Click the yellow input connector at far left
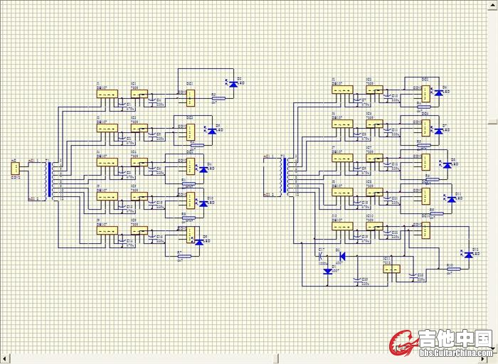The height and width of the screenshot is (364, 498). pos(14,168)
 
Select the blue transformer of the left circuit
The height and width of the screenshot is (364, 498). pos(49,181)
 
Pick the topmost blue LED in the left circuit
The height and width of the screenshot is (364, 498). pos(233,85)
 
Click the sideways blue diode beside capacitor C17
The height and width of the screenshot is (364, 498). pos(342,256)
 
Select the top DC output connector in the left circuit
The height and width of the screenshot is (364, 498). pos(191,95)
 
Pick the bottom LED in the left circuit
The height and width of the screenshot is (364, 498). pos(198,242)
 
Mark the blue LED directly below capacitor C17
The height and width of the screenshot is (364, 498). pos(326,270)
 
